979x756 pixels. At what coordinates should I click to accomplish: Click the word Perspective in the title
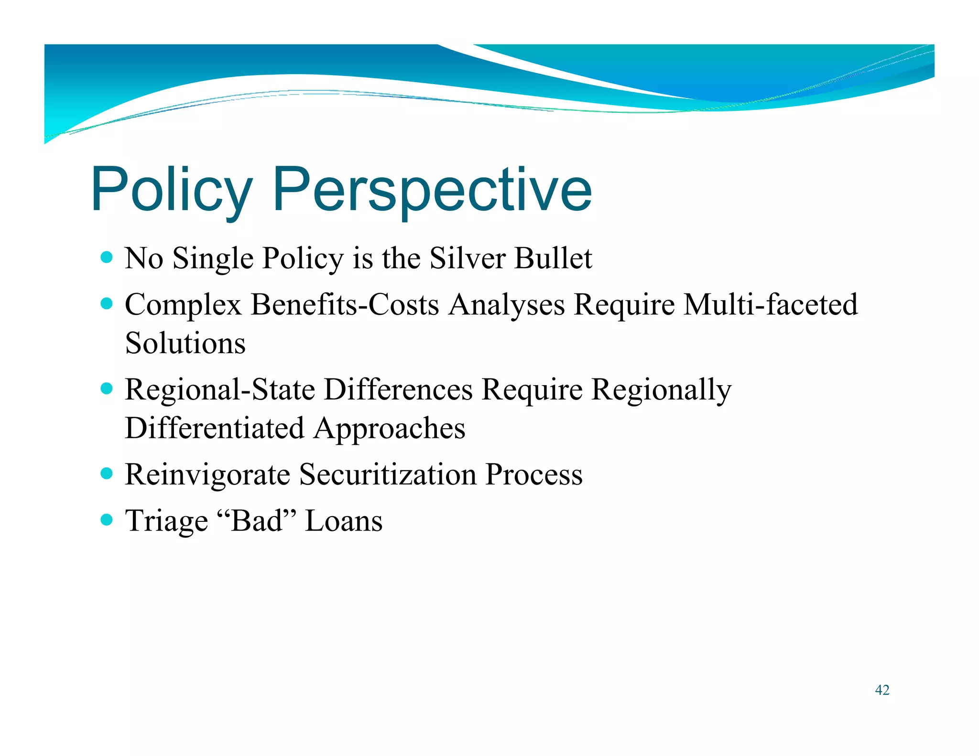[432, 190]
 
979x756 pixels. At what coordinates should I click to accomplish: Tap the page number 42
[882, 690]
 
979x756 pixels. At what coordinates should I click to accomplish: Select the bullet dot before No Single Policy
[107, 258]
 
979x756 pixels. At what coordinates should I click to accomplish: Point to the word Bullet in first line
[553, 259]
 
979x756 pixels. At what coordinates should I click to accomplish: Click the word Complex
[183, 305]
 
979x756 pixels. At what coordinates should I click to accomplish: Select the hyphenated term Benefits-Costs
[345, 305]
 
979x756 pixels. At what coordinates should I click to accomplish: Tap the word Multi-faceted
[771, 305]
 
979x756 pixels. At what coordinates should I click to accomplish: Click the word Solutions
[185, 343]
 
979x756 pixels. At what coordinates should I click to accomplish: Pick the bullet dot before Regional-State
[107, 389]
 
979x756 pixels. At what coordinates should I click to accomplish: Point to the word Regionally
[662, 389]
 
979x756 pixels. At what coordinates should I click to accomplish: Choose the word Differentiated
[215, 428]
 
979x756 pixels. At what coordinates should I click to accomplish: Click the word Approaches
[390, 429]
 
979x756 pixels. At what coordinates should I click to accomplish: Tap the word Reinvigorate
[207, 475]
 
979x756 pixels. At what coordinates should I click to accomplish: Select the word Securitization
[388, 475]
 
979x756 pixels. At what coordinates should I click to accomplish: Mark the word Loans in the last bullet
[344, 520]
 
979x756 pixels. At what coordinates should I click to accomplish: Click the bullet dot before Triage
[107, 519]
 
